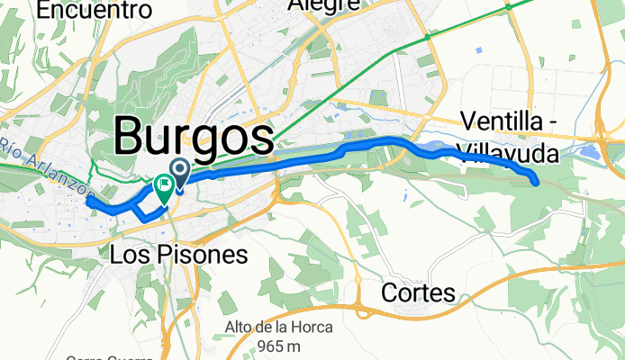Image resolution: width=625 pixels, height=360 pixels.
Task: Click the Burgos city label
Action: (x=194, y=138)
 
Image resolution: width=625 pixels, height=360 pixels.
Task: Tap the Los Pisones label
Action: (x=178, y=255)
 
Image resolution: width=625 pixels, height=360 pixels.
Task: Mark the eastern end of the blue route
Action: (x=537, y=182)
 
